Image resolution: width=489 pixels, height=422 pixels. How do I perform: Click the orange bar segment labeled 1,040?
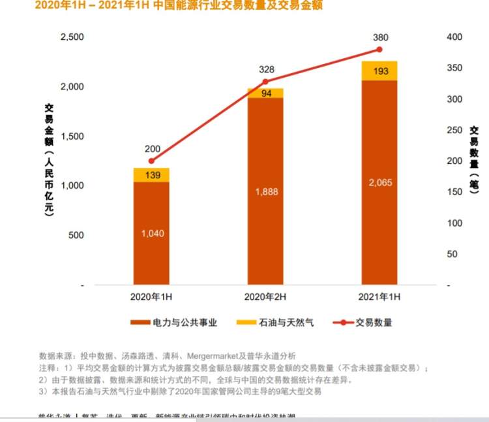pyautogui.click(x=151, y=233)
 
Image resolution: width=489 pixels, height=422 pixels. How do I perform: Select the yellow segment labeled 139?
pyautogui.click(x=151, y=175)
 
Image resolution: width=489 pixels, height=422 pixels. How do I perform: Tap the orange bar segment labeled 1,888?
pyautogui.click(x=265, y=191)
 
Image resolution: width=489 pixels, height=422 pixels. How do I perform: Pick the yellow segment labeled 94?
pyautogui.click(x=265, y=93)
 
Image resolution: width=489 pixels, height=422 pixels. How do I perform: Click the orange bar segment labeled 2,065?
pyautogui.click(x=379, y=183)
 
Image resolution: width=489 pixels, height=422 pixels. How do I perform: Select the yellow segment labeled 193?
pyautogui.click(x=379, y=71)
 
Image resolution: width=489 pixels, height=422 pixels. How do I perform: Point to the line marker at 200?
pyautogui.click(x=151, y=161)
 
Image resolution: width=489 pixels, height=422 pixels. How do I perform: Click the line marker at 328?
pyautogui.click(x=265, y=82)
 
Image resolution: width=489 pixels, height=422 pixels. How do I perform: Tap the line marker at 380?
pyautogui.click(x=379, y=50)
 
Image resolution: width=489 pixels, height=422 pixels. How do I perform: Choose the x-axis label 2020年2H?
pyautogui.click(x=265, y=297)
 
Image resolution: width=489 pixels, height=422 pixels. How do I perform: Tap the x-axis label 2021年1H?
pyautogui.click(x=379, y=297)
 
